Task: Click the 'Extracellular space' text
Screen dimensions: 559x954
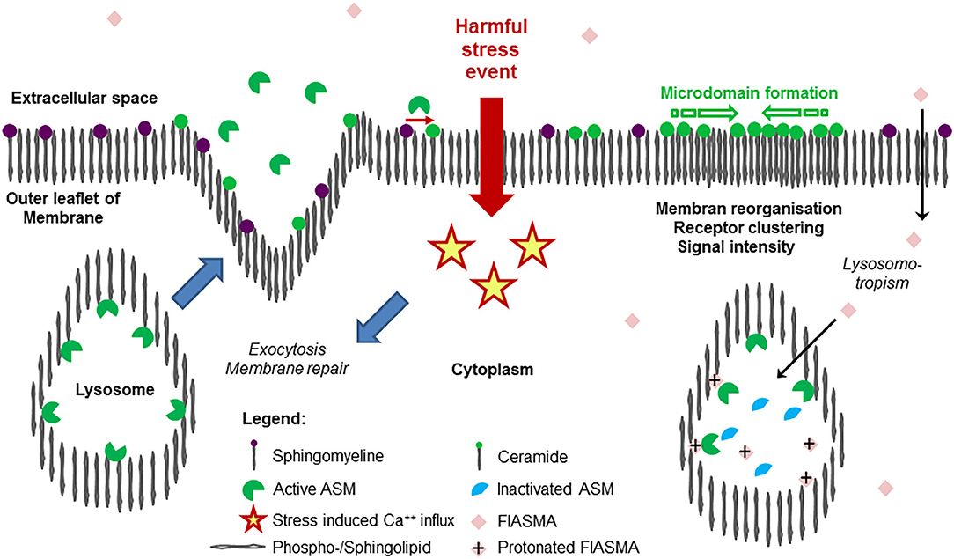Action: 84,98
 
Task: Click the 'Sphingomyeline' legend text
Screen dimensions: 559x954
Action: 304,456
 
